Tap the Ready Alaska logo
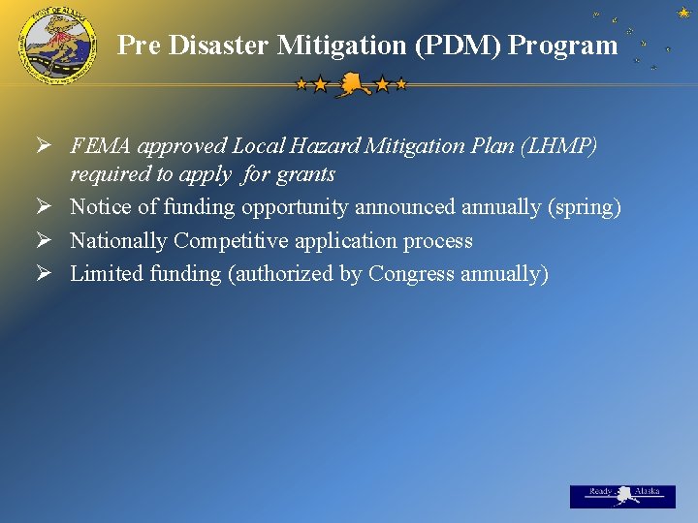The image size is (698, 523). pyautogui.click(x=622, y=495)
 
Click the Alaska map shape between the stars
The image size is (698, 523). pyautogui.click(x=351, y=85)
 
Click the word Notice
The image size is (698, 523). pyautogui.click(x=99, y=207)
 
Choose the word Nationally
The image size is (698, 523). pyautogui.click(x=118, y=241)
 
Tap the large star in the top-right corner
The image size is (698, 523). pyautogui.click(x=683, y=12)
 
